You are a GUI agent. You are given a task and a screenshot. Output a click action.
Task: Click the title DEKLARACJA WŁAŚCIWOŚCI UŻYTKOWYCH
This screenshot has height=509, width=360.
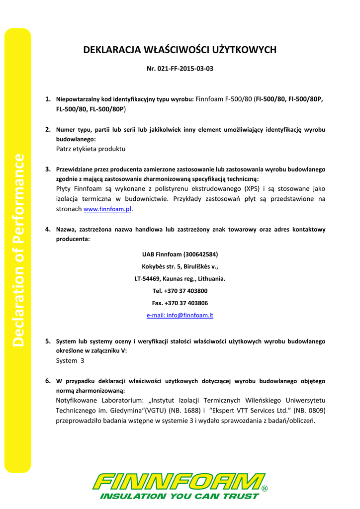(x=180, y=50)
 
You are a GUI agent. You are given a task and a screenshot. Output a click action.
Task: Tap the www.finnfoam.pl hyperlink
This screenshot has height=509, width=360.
(x=107, y=210)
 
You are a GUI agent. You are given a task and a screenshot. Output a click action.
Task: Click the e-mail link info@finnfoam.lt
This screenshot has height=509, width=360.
(x=180, y=315)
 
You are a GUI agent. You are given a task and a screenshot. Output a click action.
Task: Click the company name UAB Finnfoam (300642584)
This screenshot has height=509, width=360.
(x=180, y=254)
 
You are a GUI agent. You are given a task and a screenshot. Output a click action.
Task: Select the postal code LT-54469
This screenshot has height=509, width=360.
(x=150, y=278)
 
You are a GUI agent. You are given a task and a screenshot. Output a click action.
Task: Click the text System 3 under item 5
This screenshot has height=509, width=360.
(x=70, y=361)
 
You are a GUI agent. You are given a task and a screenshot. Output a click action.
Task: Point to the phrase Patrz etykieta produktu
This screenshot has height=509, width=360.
(x=90, y=149)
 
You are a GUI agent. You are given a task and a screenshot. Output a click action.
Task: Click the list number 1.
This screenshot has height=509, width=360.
(x=48, y=99)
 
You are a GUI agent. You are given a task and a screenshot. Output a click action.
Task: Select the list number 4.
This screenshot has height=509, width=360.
(x=48, y=229)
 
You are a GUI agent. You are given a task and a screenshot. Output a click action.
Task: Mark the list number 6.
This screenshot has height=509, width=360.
(x=48, y=381)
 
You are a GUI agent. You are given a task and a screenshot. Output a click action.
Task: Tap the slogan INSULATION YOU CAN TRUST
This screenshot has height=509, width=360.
(x=180, y=496)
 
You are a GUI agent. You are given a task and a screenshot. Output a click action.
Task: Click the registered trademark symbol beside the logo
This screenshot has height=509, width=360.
(x=265, y=489)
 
